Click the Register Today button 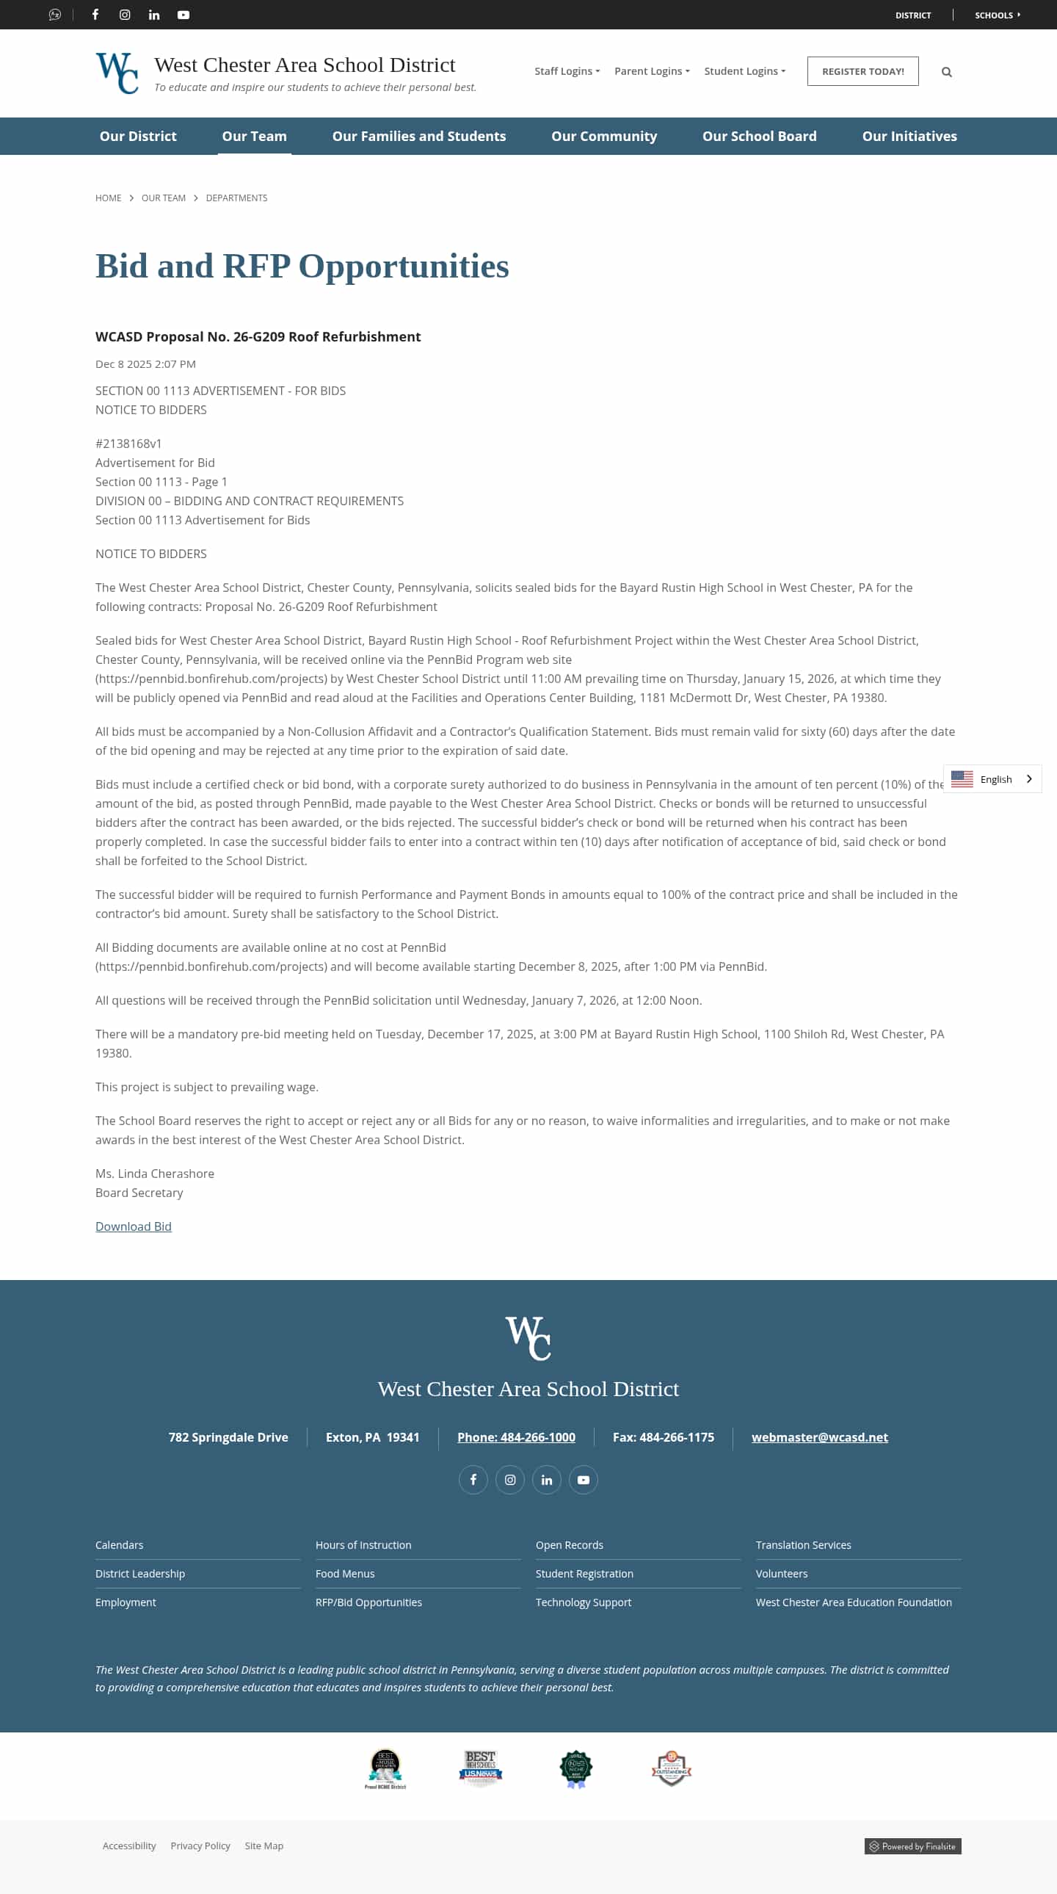point(862,71)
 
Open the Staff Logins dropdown point(566,71)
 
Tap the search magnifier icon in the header point(946,72)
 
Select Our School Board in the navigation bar point(758,136)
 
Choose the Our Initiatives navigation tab point(909,136)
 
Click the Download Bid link point(133,1226)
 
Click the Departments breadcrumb point(236,198)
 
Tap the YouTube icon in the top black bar point(183,15)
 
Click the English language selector point(992,778)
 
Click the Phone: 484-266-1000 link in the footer point(516,1436)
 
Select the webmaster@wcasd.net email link point(819,1436)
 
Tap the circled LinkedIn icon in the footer point(546,1480)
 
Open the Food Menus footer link point(345,1573)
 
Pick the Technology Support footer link point(583,1602)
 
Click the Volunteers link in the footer point(780,1573)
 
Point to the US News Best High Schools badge point(480,1768)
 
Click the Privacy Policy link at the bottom point(200,1846)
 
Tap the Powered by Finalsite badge point(912,1846)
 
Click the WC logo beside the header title point(117,73)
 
